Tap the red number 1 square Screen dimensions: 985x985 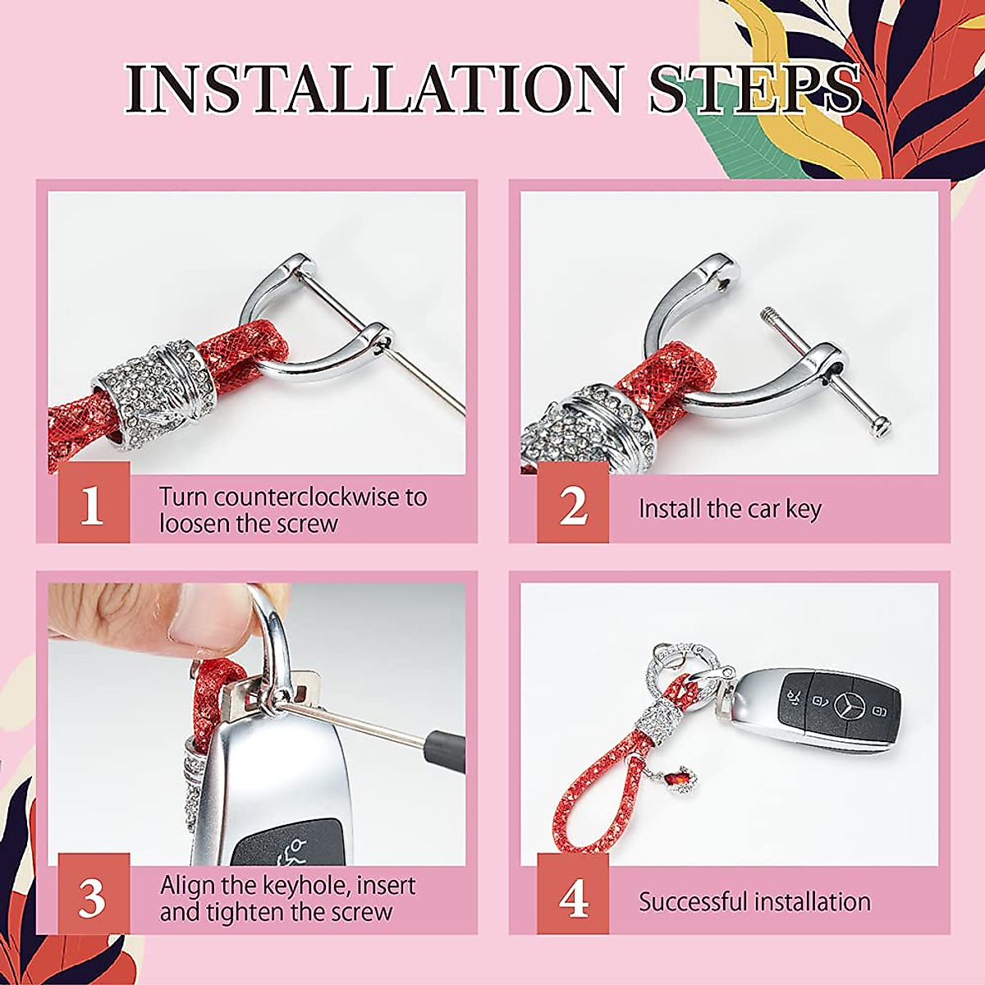94,502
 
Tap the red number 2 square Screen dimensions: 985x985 573,506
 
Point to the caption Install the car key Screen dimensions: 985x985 730,509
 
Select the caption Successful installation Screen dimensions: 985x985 754,901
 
